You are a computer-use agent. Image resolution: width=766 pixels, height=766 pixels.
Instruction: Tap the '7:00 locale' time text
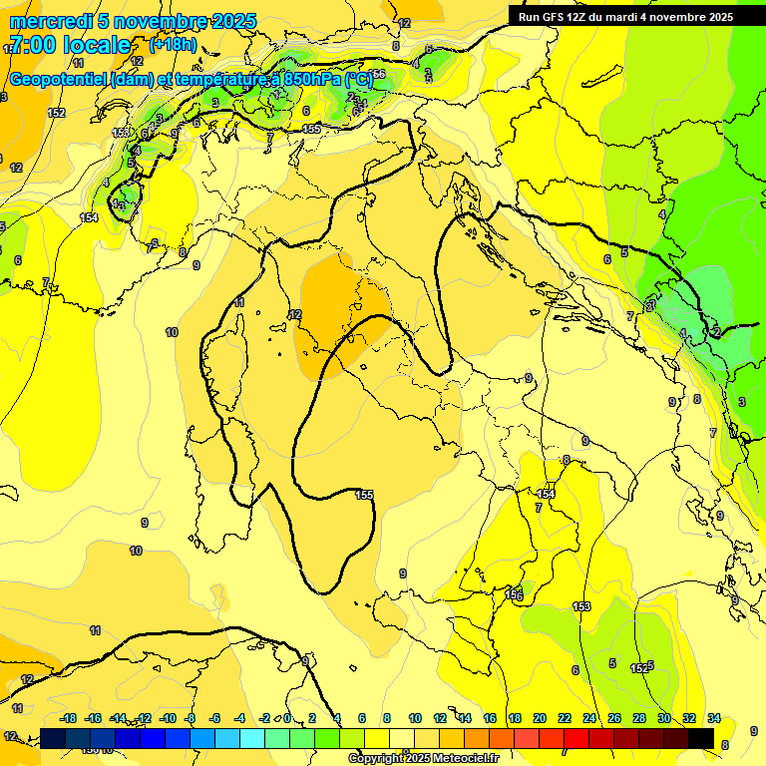click(69, 45)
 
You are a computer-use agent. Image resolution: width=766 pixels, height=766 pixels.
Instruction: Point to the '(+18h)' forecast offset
click(173, 45)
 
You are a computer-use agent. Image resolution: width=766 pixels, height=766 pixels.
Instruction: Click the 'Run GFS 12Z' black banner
click(636, 17)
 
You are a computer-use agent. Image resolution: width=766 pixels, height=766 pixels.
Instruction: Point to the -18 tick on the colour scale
click(68, 718)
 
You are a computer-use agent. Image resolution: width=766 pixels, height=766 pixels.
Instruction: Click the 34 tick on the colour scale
click(713, 718)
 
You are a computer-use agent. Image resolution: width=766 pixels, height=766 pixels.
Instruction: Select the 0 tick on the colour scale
click(287, 718)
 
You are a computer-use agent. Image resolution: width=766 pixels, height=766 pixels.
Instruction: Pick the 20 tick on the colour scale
click(540, 718)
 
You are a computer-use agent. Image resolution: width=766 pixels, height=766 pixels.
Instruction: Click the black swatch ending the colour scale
click(700, 738)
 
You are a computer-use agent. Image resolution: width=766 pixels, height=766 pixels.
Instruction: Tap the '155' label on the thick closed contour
click(364, 495)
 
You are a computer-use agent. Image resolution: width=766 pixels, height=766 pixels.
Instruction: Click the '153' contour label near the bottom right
click(582, 606)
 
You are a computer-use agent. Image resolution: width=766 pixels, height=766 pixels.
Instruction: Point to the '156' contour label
click(515, 595)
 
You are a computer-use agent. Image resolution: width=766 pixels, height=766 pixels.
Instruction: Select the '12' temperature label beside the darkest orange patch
click(295, 314)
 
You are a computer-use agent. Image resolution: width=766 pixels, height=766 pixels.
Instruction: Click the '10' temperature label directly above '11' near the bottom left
click(136, 551)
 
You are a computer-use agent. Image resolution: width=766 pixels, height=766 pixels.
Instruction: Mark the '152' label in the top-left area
click(57, 113)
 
